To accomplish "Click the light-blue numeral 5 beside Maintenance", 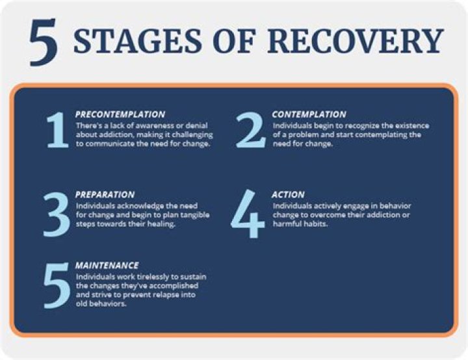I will point(56,285).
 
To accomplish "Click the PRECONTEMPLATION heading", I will point(120,114).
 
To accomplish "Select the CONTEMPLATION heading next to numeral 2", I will point(309,114).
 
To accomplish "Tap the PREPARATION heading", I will point(105,194).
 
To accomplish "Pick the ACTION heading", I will point(288,194).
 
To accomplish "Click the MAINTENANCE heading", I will point(107,265).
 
